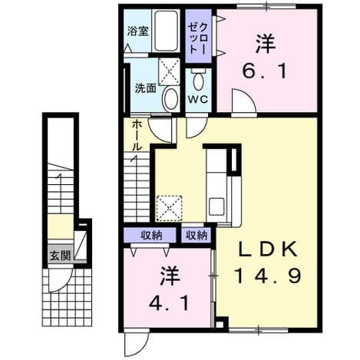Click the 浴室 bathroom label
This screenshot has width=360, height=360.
138,31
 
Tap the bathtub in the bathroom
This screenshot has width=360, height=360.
167,31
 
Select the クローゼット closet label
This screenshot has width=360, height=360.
198,38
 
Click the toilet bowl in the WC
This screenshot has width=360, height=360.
198,81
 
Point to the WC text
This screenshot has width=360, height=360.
198,99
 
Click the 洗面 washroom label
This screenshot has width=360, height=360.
146,88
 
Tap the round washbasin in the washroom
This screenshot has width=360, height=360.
171,99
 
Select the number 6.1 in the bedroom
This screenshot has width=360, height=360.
265,71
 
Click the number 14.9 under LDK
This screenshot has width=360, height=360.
268,275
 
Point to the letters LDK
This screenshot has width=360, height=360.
268,249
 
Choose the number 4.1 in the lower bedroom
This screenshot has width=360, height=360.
170,303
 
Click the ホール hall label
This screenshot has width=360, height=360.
137,136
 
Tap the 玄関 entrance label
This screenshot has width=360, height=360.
60,256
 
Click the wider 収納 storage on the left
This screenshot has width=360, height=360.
150,235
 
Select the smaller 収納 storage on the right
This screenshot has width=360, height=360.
197,235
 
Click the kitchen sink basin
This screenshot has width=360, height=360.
216,206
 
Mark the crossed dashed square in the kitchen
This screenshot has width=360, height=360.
170,208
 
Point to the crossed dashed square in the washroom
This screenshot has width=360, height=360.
169,71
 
